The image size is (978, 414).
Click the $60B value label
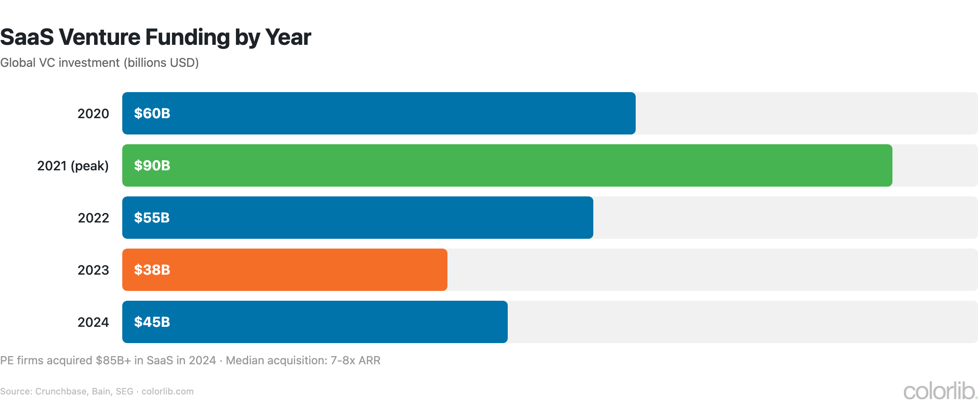(x=152, y=113)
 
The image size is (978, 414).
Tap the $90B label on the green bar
(x=152, y=165)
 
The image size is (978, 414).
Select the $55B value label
(x=152, y=218)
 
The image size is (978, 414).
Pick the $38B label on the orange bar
(x=152, y=270)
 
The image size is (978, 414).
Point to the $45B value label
(x=152, y=322)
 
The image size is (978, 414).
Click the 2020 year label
(x=93, y=114)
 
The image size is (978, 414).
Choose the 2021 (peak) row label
(x=73, y=166)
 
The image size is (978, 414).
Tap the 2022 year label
(x=93, y=218)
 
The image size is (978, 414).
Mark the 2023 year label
(x=93, y=270)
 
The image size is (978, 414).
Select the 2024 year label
(x=93, y=322)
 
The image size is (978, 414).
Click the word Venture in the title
(x=100, y=37)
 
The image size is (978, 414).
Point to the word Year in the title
(x=288, y=37)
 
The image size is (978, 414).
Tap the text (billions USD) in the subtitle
(x=161, y=63)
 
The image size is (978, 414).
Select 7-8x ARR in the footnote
(x=355, y=361)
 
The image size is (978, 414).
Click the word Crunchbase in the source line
(x=61, y=392)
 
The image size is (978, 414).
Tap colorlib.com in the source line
(x=167, y=392)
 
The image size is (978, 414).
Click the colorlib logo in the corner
(x=940, y=391)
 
